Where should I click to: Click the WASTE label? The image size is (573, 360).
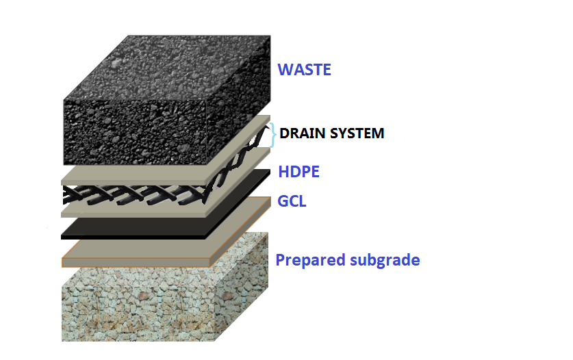click(304, 69)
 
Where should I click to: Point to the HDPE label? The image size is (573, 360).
click(298, 172)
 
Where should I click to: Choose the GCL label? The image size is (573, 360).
click(292, 202)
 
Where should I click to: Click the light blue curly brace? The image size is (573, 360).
click(273, 134)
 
